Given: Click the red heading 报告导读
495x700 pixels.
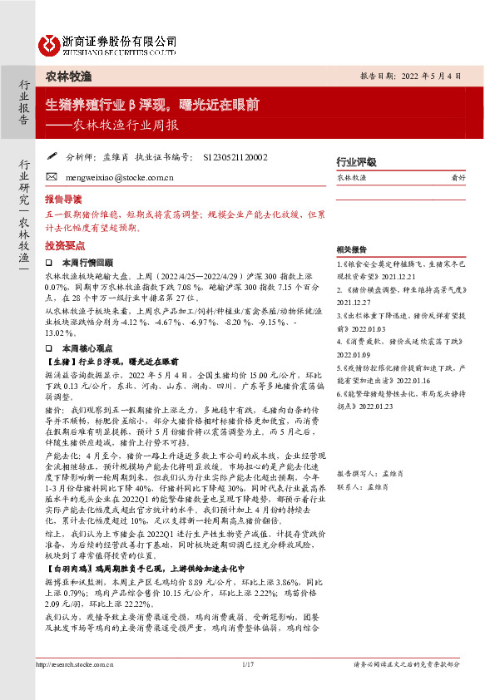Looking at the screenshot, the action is (x=63, y=200).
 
